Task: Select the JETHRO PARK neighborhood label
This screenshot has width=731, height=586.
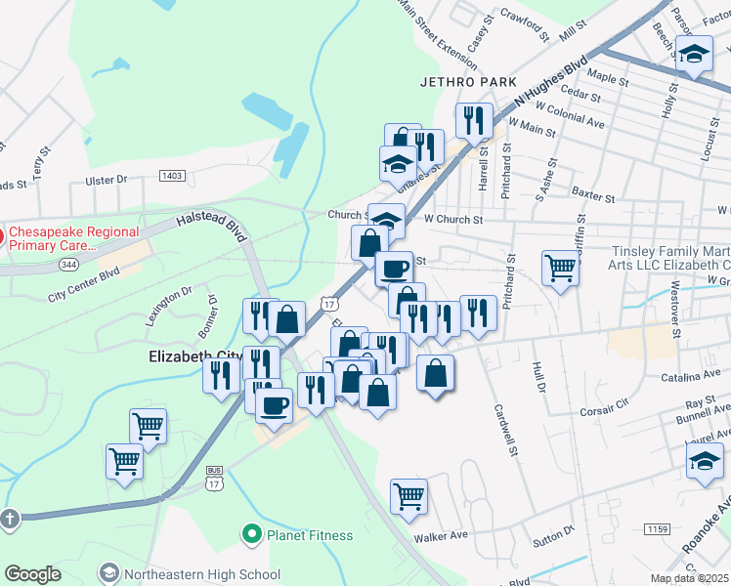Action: coord(467,82)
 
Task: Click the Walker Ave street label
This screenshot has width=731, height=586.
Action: coord(441,535)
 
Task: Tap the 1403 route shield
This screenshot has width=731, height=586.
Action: coord(172,176)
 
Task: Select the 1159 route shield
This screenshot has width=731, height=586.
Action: coord(656,528)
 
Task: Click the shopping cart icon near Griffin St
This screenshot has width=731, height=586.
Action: coord(561,266)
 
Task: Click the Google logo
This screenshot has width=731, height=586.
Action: coord(32,574)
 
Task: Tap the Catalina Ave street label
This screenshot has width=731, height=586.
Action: coord(689,377)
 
